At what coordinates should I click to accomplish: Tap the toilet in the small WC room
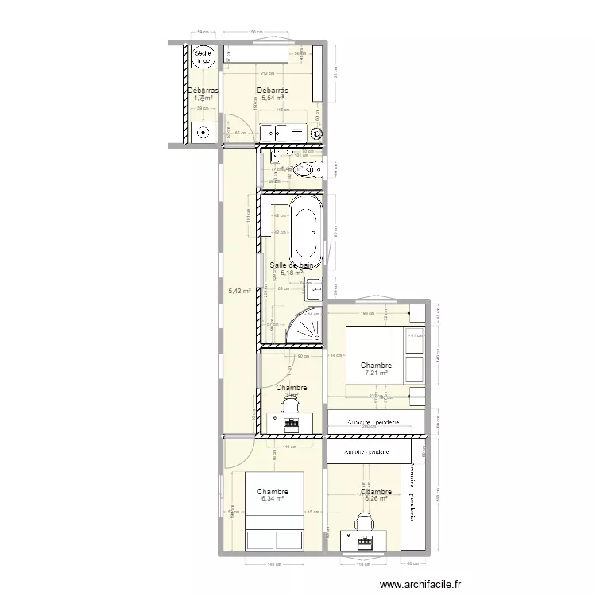(x=306, y=168)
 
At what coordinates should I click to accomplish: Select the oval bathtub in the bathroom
(x=306, y=234)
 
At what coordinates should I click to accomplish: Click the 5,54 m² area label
(x=273, y=98)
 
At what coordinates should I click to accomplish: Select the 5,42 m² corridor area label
(x=239, y=291)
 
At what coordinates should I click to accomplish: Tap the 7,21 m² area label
(x=376, y=372)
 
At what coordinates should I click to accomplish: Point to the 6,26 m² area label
(x=375, y=498)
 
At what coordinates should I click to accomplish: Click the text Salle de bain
(x=292, y=265)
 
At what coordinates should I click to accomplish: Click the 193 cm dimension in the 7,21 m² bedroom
(x=367, y=315)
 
